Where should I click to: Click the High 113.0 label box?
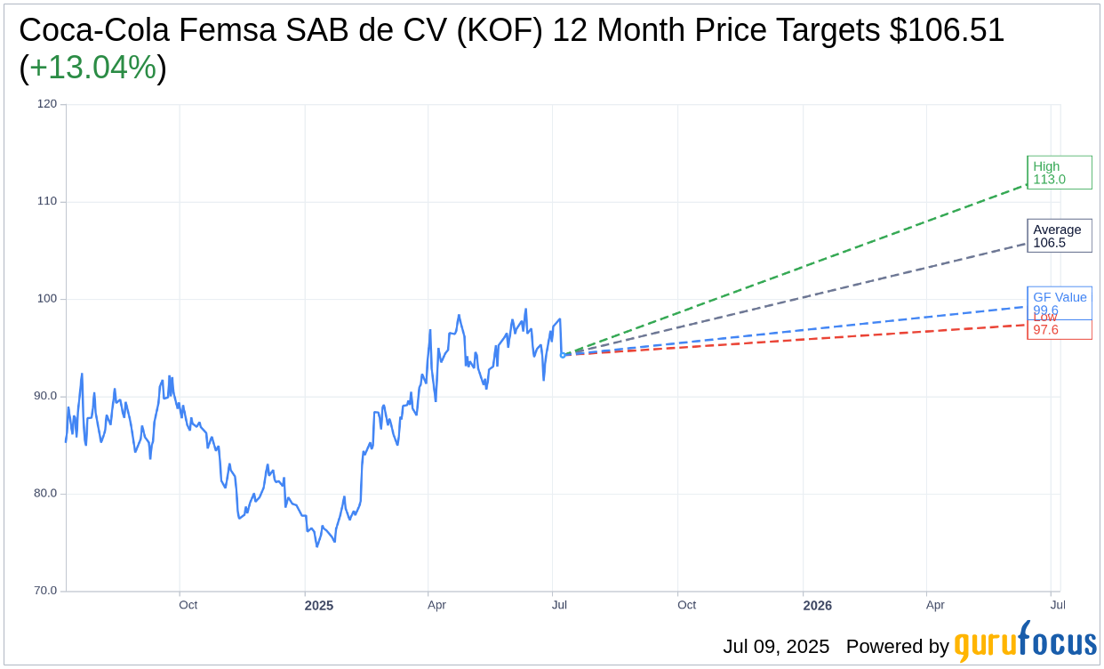[1059, 173]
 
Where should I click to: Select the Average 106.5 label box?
[1059, 236]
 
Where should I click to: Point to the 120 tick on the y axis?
[47, 104]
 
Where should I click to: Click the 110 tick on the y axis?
[47, 201]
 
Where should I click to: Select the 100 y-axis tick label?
[47, 299]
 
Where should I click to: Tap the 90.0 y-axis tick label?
[45, 396]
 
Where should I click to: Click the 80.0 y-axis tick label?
[45, 493]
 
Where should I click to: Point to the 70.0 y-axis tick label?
[45, 591]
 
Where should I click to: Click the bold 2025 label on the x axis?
[318, 606]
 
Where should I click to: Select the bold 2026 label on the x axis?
[817, 606]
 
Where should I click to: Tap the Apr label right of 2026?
[935, 605]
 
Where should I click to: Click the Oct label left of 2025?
[188, 605]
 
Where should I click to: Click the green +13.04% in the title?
[92, 68]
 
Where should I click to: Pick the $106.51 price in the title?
[947, 30]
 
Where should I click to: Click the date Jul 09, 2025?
[775, 647]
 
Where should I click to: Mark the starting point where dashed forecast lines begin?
[563, 355]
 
